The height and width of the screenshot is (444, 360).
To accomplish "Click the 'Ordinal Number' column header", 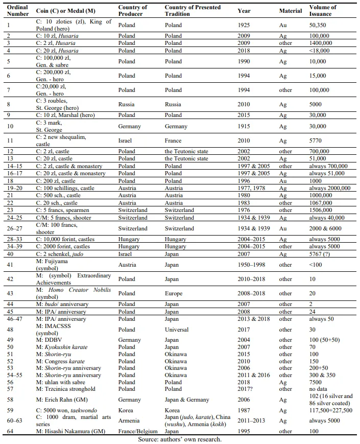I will tap(17, 10).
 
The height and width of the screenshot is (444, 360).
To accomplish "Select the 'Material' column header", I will tap(291, 11).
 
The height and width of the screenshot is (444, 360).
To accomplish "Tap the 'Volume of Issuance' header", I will tap(323, 10).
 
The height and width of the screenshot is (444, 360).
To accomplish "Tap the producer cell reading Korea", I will tap(126, 410).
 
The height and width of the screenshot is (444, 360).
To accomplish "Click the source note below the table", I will tap(180, 439).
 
